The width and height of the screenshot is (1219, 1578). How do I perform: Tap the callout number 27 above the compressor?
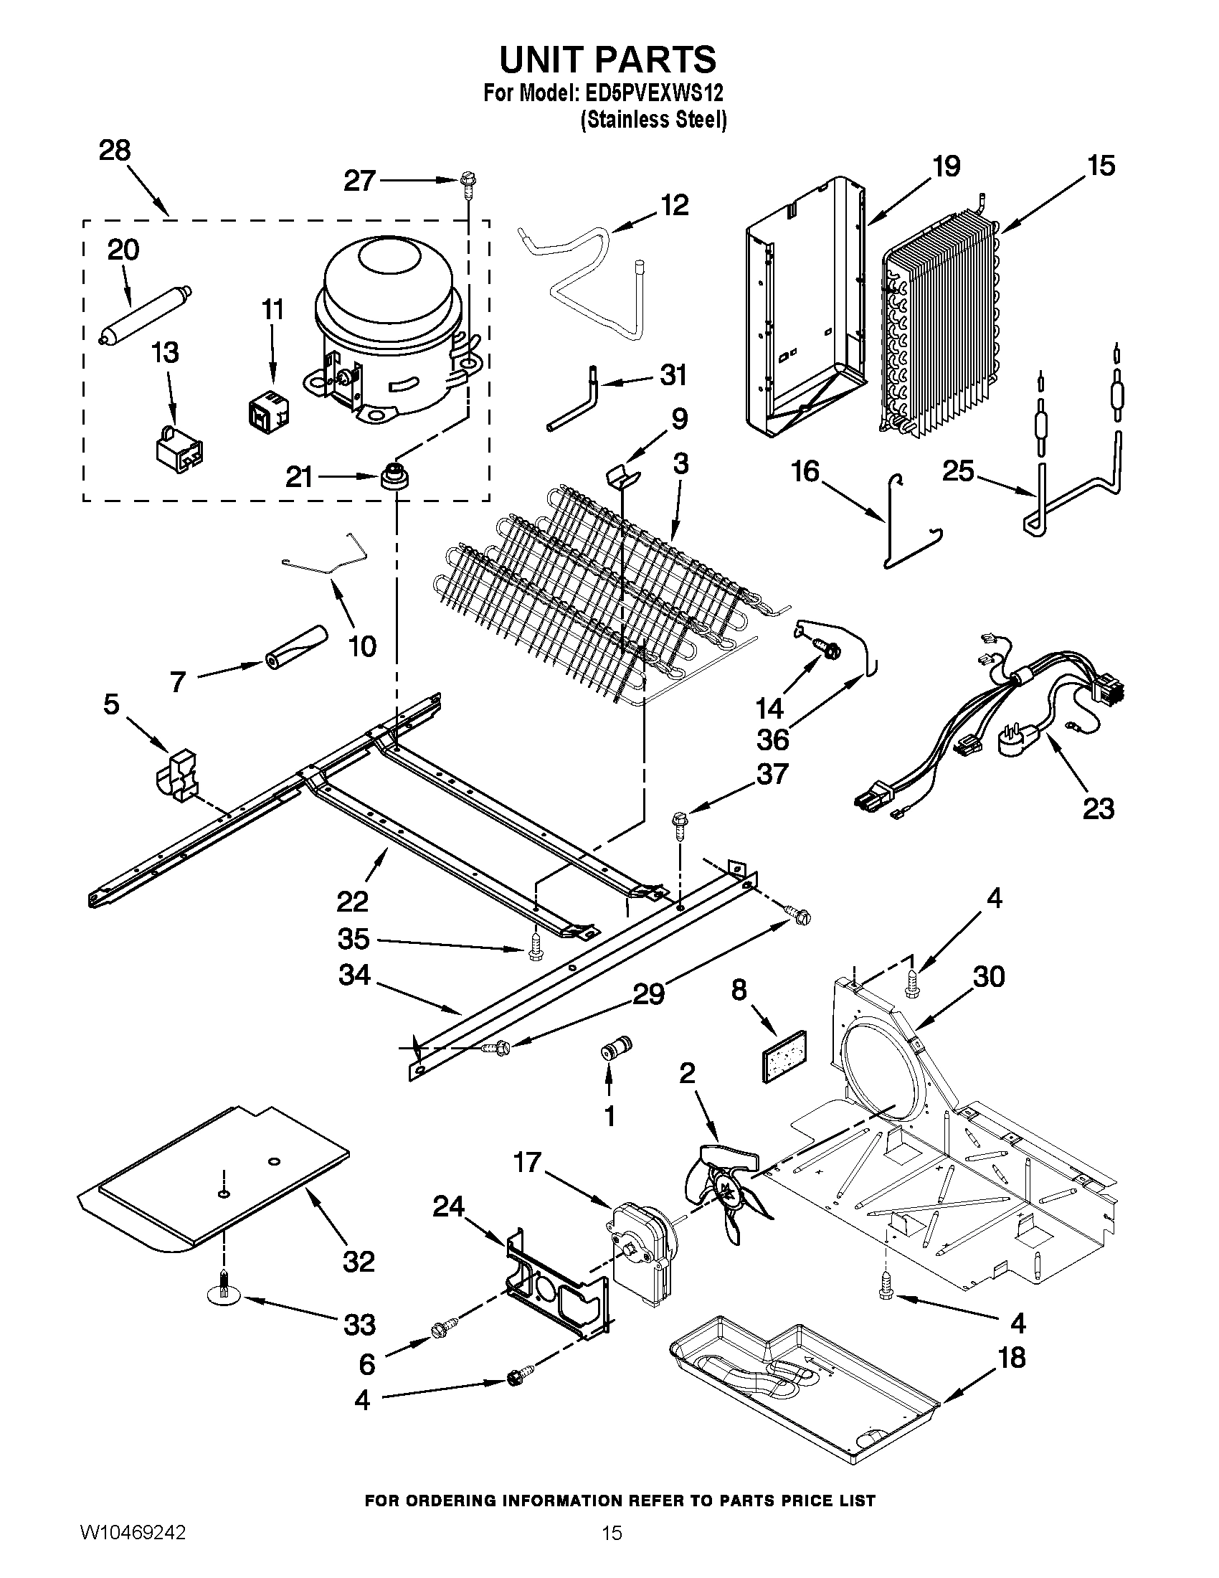[x=360, y=181]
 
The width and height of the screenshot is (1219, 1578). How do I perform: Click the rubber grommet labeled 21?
[x=394, y=478]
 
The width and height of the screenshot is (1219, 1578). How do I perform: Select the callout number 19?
[x=946, y=167]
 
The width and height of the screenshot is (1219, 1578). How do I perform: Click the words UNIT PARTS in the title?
[x=608, y=60]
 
